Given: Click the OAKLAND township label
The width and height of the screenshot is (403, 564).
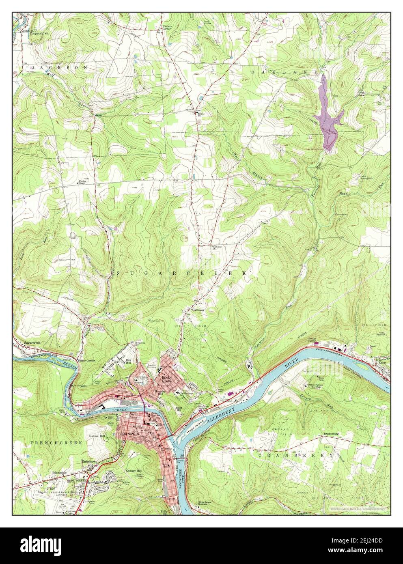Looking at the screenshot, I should coord(284,72).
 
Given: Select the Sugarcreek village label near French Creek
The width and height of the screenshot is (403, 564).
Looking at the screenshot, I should coord(32,343).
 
